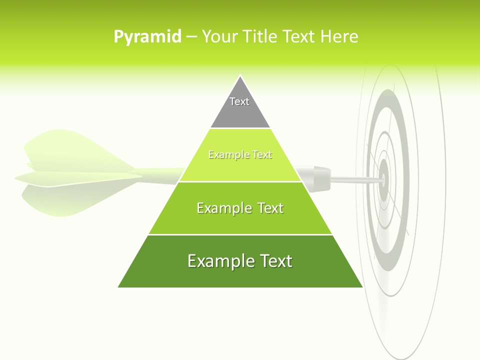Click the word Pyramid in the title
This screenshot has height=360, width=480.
coord(147,37)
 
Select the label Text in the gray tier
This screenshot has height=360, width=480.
coord(239,101)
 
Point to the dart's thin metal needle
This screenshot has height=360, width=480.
coord(352,179)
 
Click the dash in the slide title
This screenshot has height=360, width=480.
coord(191,37)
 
